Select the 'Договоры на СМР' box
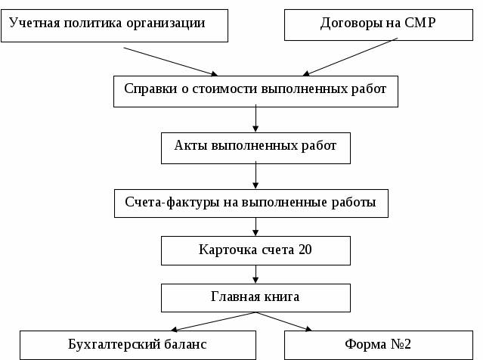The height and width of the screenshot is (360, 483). (378, 24)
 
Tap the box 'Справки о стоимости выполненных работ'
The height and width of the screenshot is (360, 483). (255, 90)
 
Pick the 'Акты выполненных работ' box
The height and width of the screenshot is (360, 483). (255, 147)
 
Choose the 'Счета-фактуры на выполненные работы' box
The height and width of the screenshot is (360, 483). (255, 203)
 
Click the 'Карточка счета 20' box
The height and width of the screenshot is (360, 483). (255, 250)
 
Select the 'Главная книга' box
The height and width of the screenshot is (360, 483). (255, 296)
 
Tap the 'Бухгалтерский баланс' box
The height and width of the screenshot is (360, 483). (136, 344)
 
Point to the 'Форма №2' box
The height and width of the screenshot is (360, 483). (378, 344)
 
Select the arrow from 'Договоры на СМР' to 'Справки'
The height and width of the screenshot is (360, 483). (351, 58)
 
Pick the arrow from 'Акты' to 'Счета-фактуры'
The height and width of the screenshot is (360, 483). (256, 175)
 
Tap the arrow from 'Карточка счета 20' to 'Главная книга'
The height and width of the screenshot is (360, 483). (256, 273)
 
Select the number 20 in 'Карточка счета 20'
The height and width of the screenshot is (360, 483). (305, 250)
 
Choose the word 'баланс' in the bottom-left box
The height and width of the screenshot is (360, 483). (181, 344)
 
